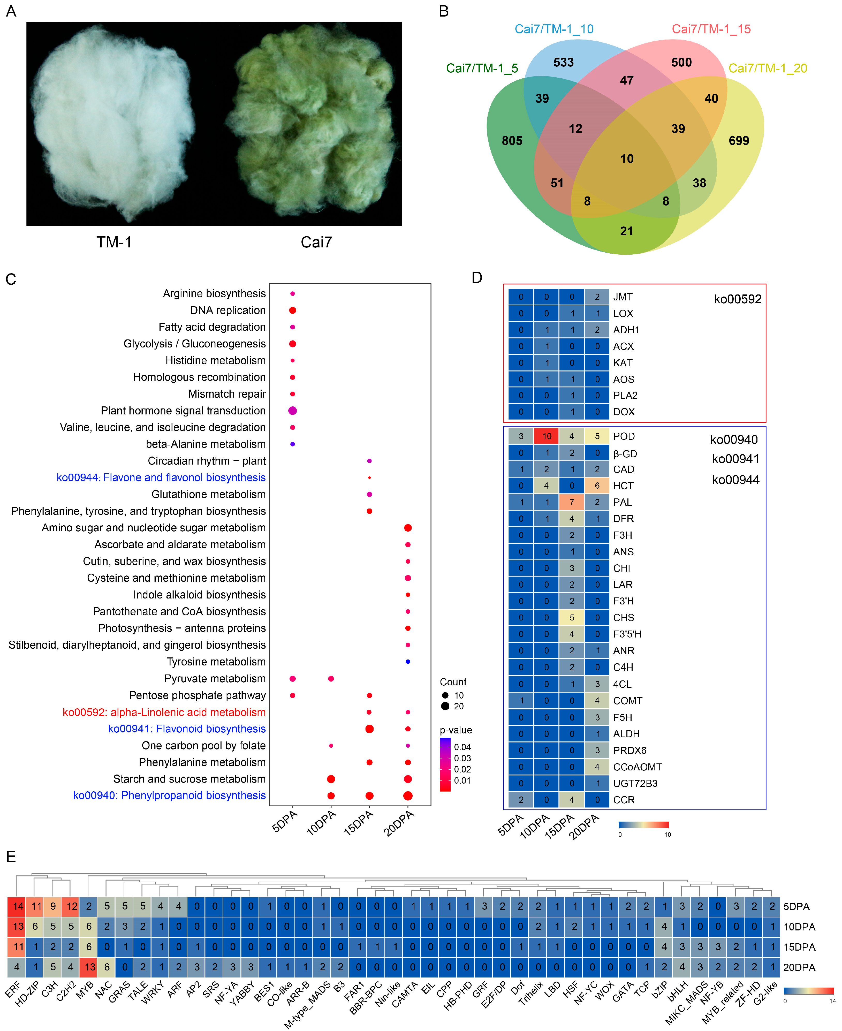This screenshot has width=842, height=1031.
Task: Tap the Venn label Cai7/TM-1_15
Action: click(711, 29)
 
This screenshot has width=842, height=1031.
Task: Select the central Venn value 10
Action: click(627, 158)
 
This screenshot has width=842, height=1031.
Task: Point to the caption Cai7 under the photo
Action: click(316, 242)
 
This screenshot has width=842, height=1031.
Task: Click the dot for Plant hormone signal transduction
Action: click(292, 411)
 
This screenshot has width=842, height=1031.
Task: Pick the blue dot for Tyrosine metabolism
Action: click(408, 662)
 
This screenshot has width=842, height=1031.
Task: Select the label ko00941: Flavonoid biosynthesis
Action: click(187, 729)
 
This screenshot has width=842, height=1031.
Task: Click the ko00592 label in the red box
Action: click(737, 299)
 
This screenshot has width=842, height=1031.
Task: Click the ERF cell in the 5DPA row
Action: click(18, 906)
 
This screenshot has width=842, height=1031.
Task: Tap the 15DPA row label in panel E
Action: click(799, 947)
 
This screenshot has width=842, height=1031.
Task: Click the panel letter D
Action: click(477, 278)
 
